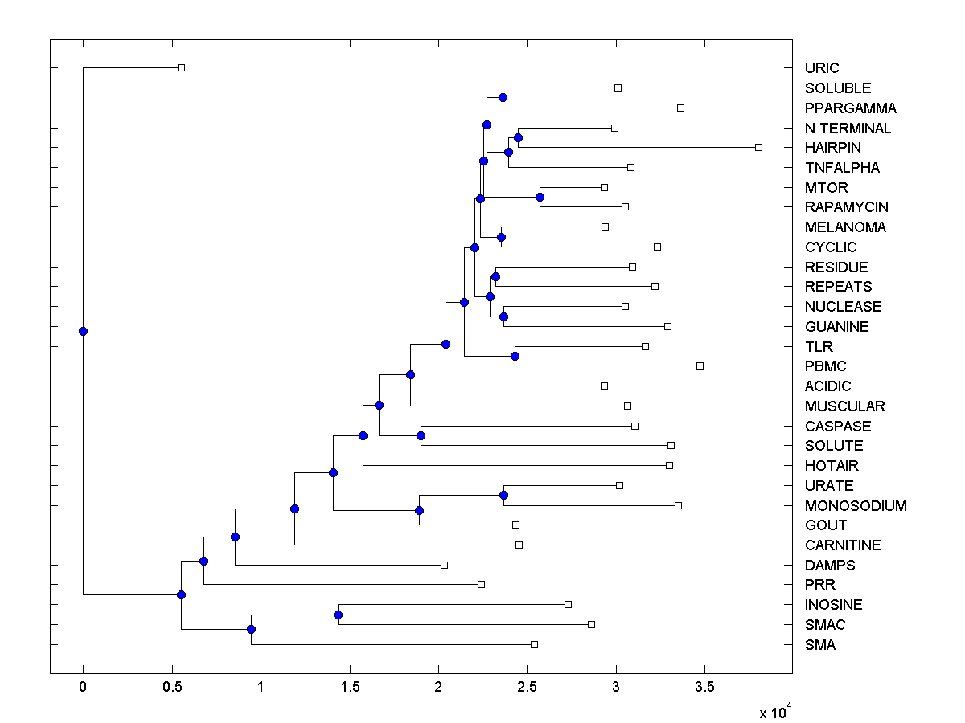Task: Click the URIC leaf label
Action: coord(821,68)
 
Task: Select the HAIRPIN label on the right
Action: coord(832,148)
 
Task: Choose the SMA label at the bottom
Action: coord(819,645)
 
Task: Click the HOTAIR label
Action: coord(832,466)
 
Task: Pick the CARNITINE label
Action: coord(843,545)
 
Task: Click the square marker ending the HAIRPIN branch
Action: coord(758,147)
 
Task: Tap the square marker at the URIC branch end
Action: coord(181,67)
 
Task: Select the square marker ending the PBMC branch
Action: coord(700,366)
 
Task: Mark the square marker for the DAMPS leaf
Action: coord(444,565)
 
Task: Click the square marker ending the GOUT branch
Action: coord(515,525)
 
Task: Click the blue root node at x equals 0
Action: coord(83,331)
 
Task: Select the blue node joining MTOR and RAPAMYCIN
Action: coord(540,197)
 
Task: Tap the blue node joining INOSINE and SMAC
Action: coord(338,615)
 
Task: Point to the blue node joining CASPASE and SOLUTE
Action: coord(421,435)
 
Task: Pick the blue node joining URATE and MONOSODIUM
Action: coord(503,495)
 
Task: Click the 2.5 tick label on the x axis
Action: coord(527,687)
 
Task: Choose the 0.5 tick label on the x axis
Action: coord(171,687)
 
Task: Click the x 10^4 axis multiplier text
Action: coord(774,711)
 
